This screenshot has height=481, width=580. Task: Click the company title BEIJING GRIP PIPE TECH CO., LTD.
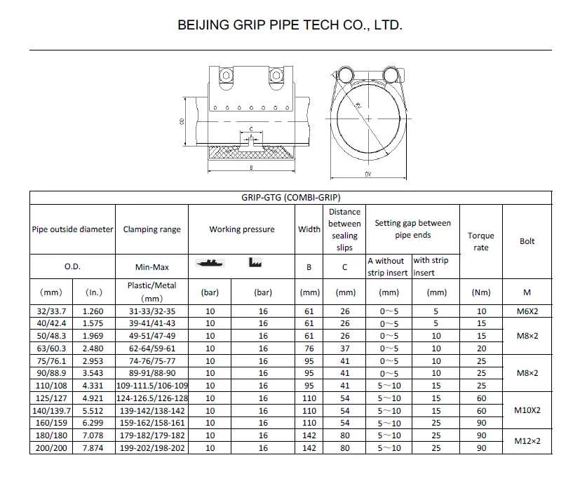pyautogui.click(x=290, y=25)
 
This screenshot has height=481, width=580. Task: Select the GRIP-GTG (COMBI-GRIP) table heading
pyautogui.click(x=291, y=198)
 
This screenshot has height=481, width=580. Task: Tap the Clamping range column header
pyautogui.click(x=151, y=229)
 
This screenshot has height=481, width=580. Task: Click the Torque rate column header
pyautogui.click(x=481, y=241)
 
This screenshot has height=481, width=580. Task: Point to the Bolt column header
pyautogui.click(x=527, y=241)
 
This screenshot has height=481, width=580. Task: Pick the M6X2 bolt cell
pyautogui.click(x=527, y=311)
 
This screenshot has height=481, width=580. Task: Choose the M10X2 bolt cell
pyautogui.click(x=527, y=410)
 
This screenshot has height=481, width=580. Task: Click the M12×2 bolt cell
pyautogui.click(x=527, y=441)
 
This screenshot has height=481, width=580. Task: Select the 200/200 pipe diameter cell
pyautogui.click(x=51, y=448)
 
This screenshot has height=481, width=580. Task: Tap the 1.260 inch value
pyautogui.click(x=93, y=311)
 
